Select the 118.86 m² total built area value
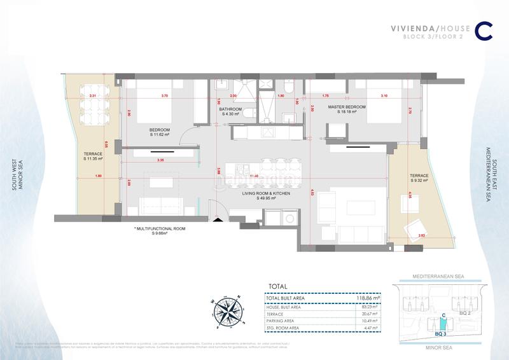tap(367, 296)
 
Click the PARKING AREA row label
tap(282, 321)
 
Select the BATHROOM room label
tap(231, 109)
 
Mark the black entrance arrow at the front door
tap(218, 220)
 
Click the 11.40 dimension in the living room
tap(254, 176)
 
